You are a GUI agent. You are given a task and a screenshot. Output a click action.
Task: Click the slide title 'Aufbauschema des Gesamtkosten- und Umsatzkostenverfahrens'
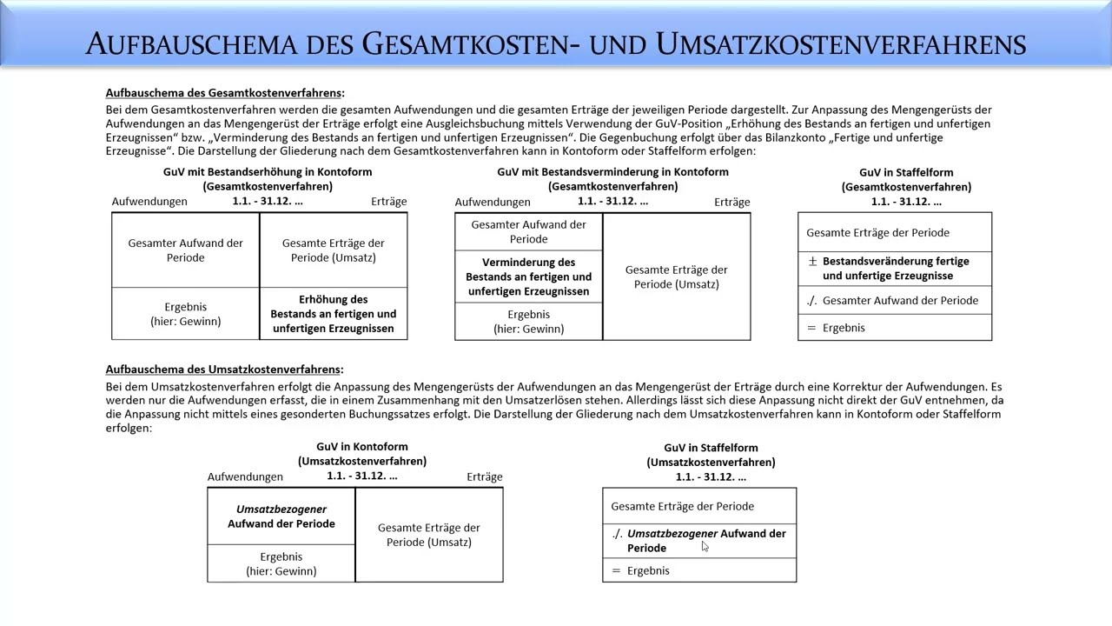pos(556,43)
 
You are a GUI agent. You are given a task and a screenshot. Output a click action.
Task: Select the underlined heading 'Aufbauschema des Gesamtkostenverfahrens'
pos(224,93)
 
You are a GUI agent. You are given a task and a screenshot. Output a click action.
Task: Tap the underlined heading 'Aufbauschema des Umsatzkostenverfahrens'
pos(223,370)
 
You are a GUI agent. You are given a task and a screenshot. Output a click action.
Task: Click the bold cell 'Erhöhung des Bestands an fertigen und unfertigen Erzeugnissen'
pos(334,314)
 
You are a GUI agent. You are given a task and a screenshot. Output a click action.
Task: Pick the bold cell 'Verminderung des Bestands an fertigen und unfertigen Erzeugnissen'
pos(528,276)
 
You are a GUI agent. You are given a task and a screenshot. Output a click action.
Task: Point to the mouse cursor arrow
pos(705,546)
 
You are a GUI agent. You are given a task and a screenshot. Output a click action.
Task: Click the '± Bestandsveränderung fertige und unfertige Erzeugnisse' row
pos(895,268)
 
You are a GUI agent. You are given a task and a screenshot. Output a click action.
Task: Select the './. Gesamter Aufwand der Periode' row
pos(895,300)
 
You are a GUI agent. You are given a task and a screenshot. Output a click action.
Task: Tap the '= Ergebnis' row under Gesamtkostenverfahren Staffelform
pos(895,328)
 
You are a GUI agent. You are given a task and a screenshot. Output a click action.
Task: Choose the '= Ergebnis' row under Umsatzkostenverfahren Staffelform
pos(699,570)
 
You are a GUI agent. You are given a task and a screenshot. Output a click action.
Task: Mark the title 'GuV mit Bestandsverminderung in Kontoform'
pos(612,172)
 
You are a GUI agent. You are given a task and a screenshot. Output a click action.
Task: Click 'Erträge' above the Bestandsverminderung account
pos(731,202)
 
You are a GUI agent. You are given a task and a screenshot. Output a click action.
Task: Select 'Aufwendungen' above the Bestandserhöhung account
pos(149,202)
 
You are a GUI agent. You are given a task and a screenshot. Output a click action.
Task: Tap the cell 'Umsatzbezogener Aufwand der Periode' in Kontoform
pos(281,516)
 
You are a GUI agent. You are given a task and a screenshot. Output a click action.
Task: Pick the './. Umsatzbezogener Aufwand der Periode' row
pos(699,540)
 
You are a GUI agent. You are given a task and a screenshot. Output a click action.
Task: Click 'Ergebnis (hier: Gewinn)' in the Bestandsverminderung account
pos(528,322)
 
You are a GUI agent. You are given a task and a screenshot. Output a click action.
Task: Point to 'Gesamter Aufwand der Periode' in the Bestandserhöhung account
pos(185,250)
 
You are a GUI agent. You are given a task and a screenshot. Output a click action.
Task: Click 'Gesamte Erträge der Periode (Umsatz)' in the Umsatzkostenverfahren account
pos(429,535)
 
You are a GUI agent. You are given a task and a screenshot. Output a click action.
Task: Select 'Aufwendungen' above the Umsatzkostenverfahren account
pos(245,476)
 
